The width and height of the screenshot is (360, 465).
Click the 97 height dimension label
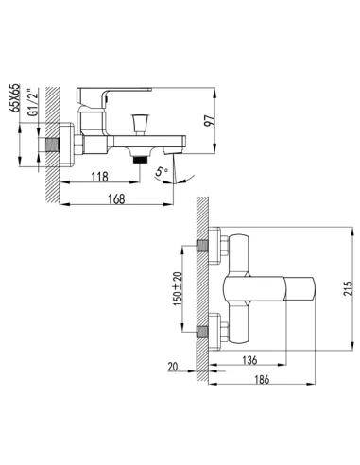[209, 121]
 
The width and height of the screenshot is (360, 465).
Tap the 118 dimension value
[100, 177]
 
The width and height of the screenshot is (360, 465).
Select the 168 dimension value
[116, 199]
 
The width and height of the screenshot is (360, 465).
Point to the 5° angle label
[163, 172]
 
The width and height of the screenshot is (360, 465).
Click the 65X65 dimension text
[14, 98]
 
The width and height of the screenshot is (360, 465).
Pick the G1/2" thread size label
[33, 103]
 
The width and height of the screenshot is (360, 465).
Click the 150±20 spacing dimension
[178, 288]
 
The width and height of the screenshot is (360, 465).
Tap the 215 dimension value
[348, 288]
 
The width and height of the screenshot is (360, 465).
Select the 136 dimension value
[249, 360]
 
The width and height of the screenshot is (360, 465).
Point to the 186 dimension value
[262, 379]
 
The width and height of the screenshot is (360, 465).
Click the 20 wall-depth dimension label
[173, 367]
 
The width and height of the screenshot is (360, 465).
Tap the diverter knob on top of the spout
[139, 125]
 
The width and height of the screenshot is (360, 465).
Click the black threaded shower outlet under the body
[141, 159]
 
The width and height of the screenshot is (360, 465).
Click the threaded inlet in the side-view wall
[53, 146]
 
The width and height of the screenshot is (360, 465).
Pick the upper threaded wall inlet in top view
[202, 246]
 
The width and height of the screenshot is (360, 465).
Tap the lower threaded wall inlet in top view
[202, 332]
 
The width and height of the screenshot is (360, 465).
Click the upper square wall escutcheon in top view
[214, 246]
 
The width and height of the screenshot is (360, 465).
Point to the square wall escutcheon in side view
[67, 145]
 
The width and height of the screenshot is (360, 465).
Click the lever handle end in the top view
[300, 288]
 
